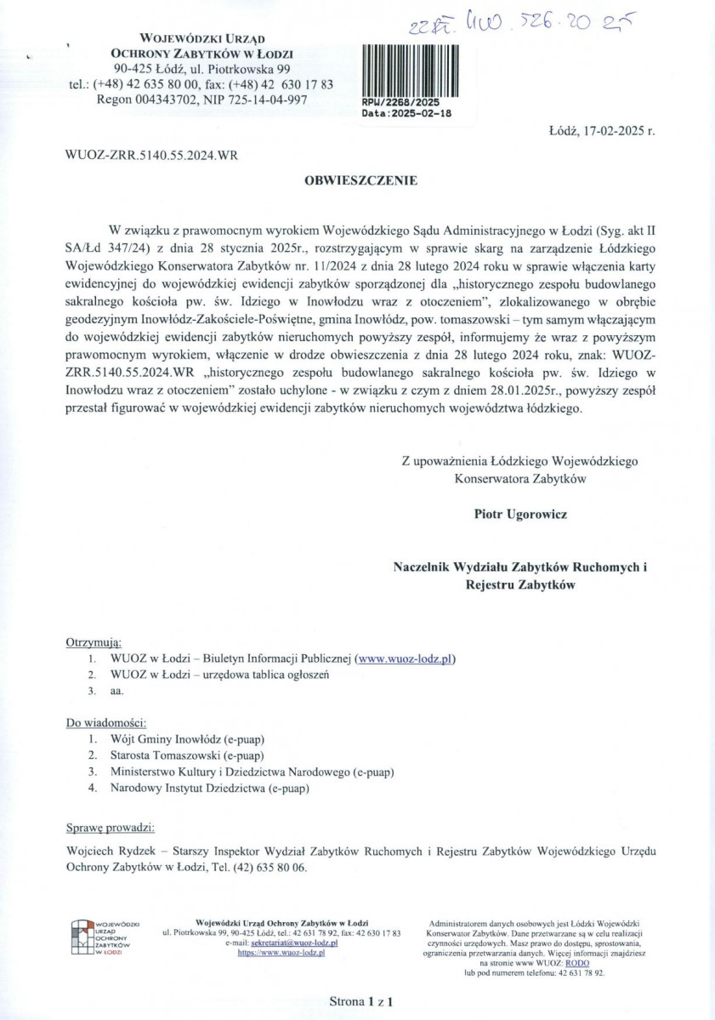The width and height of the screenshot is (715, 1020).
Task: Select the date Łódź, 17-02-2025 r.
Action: (x=602, y=132)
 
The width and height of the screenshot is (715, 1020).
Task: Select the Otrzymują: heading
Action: (x=94, y=641)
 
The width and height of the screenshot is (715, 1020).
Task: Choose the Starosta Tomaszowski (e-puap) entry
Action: (x=188, y=755)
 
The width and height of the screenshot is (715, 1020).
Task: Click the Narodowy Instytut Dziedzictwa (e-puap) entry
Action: (x=210, y=789)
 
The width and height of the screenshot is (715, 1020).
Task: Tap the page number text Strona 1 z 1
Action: (x=364, y=1001)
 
